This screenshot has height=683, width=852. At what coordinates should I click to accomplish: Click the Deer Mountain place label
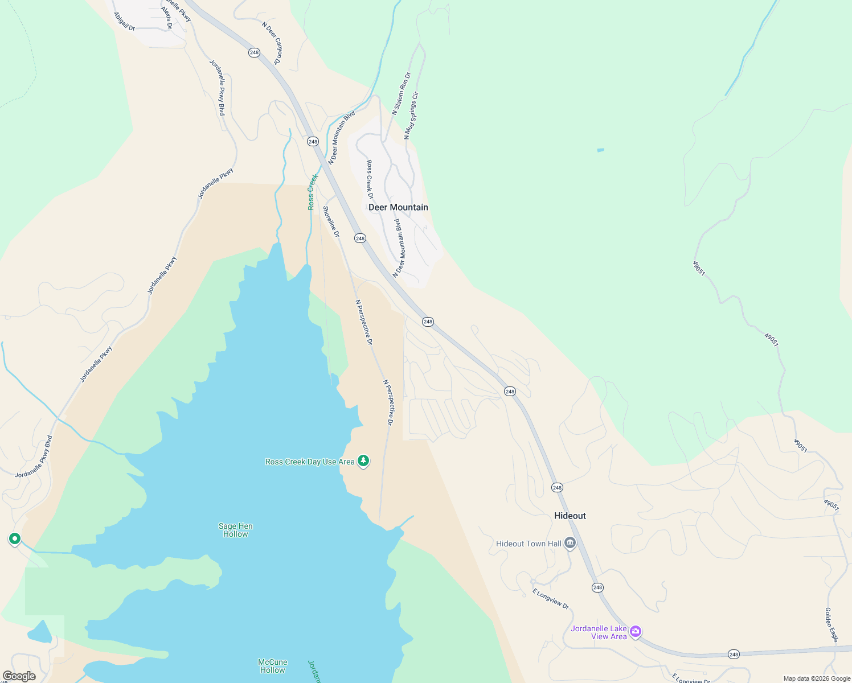[398, 207]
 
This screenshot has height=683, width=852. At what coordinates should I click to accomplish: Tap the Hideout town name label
[570, 516]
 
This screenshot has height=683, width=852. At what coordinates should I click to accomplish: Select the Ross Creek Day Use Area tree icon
[363, 461]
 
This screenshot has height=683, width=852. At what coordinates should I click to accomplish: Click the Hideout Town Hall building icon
[570, 544]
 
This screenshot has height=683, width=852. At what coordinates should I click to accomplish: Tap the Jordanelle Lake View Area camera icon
[636, 631]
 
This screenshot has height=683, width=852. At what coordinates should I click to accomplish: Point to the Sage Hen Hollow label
[235, 530]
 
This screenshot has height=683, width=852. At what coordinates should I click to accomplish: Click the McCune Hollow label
[272, 666]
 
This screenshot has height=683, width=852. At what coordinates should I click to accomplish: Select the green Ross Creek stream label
[312, 192]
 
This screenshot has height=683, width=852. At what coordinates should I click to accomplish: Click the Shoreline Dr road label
[331, 221]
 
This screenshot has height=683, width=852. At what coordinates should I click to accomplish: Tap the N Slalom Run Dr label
[401, 93]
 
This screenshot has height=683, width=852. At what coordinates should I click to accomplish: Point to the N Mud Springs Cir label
[411, 116]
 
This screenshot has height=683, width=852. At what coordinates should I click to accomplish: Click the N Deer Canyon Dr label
[272, 43]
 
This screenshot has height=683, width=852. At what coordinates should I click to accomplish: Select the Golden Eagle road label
[831, 624]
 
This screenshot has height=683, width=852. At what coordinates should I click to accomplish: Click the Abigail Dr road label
[124, 22]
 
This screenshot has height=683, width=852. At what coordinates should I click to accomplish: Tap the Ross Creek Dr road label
[370, 179]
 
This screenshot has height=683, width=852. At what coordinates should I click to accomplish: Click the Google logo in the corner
[19, 676]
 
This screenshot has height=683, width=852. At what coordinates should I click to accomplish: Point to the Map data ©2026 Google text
[817, 678]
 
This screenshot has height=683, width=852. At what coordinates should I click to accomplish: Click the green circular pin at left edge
[15, 538]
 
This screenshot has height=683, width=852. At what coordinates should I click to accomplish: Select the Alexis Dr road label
[166, 18]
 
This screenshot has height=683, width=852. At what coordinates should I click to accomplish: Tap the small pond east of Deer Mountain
[600, 150]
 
